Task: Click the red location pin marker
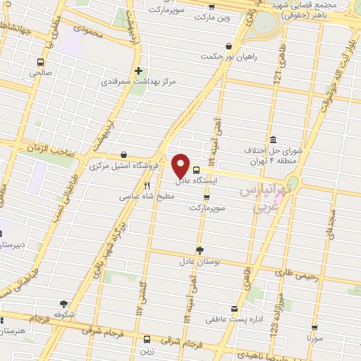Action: (x=181, y=165)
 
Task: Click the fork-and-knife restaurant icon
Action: (x=147, y=186)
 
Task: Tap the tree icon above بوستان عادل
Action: (x=200, y=249)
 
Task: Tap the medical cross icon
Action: (x=138, y=71)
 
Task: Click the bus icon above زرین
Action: (x=147, y=338)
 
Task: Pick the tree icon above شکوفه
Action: (x=64, y=303)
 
